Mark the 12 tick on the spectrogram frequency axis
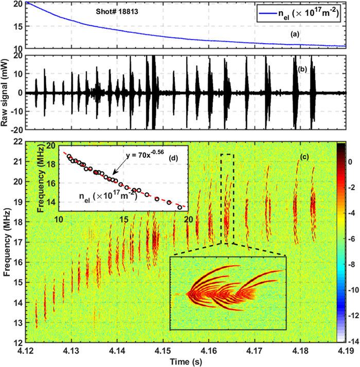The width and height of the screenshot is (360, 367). [17, 342]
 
